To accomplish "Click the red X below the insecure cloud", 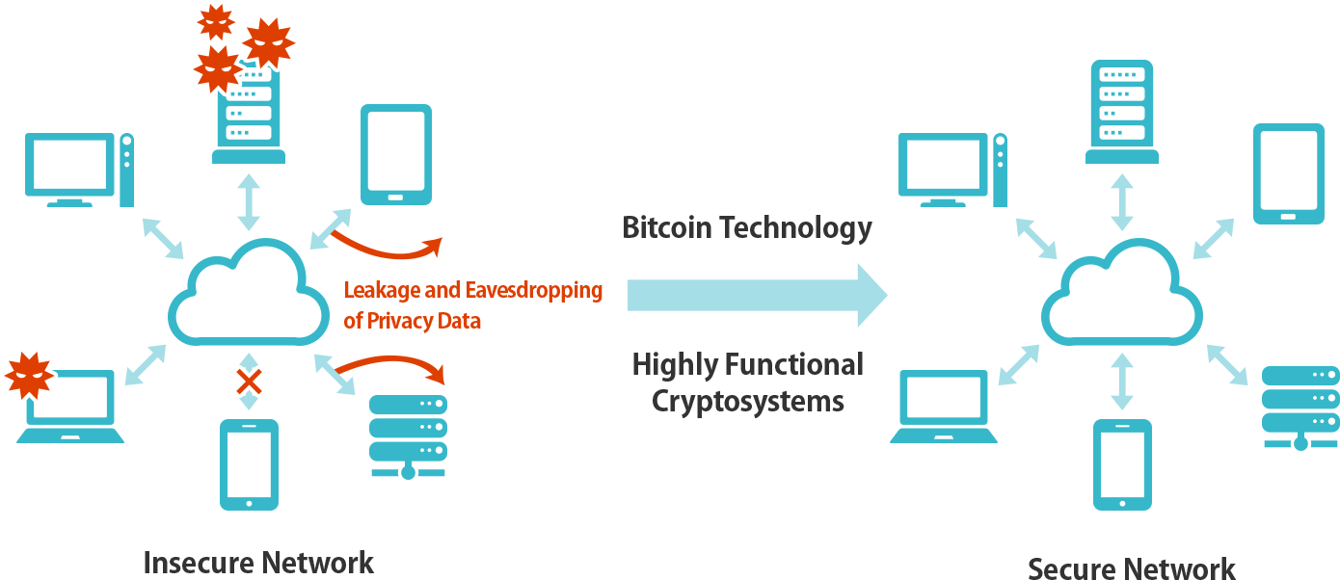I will click(x=250, y=383).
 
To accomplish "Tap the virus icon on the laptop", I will click(x=29, y=376).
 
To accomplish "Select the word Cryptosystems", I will click(x=747, y=400).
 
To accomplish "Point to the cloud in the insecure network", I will click(x=248, y=296).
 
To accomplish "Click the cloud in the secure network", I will click(x=1121, y=296).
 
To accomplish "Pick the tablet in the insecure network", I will click(x=395, y=154).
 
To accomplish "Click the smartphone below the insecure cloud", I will click(x=249, y=463).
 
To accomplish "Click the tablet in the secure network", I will click(x=1288, y=173).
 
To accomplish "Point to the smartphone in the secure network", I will click(x=1122, y=463).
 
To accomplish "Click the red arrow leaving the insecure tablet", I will click(x=386, y=248).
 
